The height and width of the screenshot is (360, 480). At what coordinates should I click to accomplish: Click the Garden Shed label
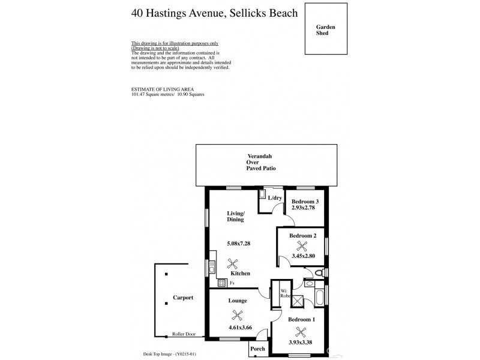[x=326, y=30]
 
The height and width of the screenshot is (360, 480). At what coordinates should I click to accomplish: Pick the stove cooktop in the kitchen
[x=221, y=283]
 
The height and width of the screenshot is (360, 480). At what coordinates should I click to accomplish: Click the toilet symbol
[x=320, y=273]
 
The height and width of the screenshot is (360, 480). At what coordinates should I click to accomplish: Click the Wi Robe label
[x=285, y=294]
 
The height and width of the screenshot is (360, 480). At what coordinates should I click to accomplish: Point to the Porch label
[x=258, y=349]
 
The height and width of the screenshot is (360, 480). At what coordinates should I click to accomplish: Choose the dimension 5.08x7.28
[x=238, y=243]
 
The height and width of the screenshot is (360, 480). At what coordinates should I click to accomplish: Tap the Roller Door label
[x=183, y=334]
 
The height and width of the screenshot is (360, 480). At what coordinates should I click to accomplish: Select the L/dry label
[x=275, y=197]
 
